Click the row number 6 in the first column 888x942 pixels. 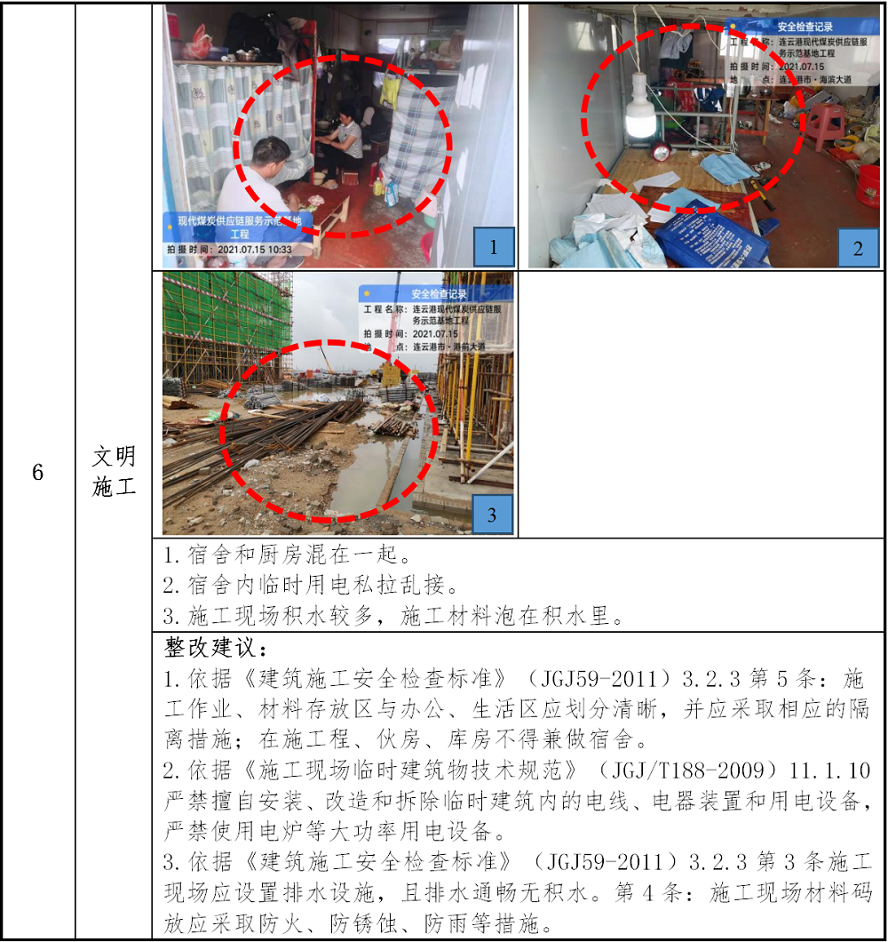click(x=38, y=472)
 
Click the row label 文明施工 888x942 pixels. click(x=114, y=472)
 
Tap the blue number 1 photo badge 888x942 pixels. click(x=494, y=247)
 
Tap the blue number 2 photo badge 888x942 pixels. click(x=858, y=248)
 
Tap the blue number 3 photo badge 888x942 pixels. click(x=492, y=515)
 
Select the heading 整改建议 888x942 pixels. click(x=216, y=648)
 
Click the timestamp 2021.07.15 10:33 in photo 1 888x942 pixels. click(x=255, y=250)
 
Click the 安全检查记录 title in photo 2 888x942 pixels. click(x=805, y=27)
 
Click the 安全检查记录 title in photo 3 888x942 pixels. click(x=439, y=294)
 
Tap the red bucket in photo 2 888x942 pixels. click(x=868, y=187)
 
